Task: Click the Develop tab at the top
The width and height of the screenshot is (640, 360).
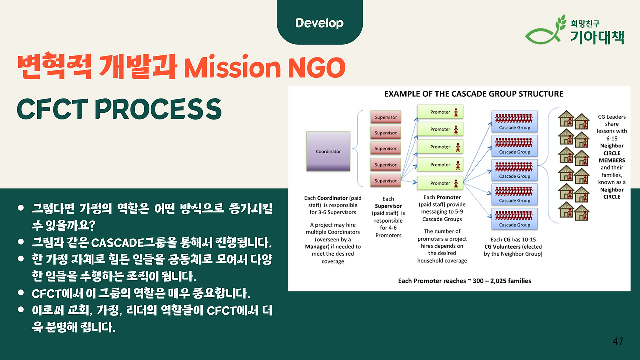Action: click(x=320, y=22)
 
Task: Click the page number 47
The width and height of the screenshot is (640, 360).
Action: click(x=618, y=341)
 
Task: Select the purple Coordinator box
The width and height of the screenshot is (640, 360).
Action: click(x=328, y=151)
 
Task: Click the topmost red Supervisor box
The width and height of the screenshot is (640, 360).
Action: click(x=386, y=117)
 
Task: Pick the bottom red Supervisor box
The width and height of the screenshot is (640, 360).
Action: click(x=386, y=181)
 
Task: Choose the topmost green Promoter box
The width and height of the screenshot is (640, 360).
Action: click(x=440, y=112)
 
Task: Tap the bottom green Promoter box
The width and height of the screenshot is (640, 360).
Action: click(x=440, y=183)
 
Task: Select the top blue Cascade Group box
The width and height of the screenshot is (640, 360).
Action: click(x=514, y=121)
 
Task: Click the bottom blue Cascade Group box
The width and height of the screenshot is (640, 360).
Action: click(x=514, y=219)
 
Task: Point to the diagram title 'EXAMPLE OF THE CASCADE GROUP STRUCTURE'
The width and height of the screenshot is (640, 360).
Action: click(x=474, y=94)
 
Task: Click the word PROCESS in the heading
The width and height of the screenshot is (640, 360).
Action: click(x=158, y=109)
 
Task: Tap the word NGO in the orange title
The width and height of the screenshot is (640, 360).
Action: click(x=316, y=67)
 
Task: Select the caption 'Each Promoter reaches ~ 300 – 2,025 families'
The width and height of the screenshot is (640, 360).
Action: click(x=465, y=281)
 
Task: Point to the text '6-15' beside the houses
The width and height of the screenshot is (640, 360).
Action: click(x=612, y=138)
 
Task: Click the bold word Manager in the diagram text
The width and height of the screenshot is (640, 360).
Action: click(x=317, y=247)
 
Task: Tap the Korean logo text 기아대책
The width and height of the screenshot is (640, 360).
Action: click(x=597, y=37)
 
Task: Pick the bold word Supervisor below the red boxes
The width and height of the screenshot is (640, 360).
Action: click(x=388, y=206)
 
